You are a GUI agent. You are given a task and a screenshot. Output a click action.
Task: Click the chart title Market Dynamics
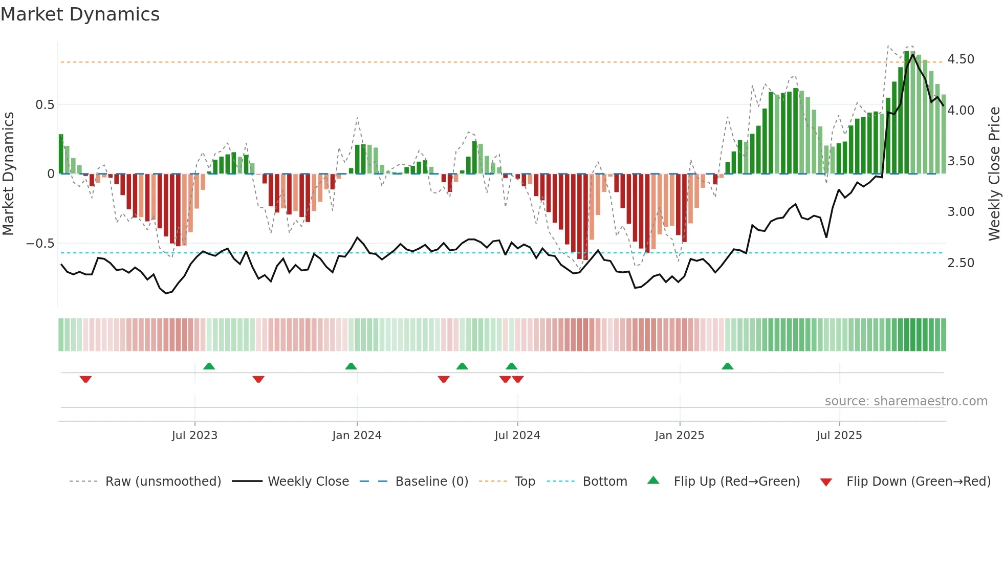(x=80, y=14)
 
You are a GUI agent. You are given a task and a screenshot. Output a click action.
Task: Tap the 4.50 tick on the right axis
(x=961, y=59)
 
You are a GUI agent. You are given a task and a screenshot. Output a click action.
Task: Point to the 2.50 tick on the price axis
(x=961, y=263)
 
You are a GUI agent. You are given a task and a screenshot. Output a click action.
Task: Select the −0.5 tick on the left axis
(x=40, y=244)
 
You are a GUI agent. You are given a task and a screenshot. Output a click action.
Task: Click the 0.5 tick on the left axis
(x=45, y=105)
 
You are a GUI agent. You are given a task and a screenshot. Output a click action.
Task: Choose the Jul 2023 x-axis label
(x=194, y=436)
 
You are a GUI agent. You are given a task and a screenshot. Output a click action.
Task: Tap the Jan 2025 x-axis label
(x=680, y=436)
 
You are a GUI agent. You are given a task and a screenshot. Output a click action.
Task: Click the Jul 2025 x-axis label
(x=839, y=436)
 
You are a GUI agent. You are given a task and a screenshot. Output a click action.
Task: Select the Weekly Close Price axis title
(x=994, y=173)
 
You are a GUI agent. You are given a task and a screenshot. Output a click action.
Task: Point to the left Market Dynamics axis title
(x=8, y=173)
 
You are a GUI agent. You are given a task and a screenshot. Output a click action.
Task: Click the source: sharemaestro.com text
(x=906, y=401)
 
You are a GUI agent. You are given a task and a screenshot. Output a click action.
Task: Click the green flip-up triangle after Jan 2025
(x=727, y=366)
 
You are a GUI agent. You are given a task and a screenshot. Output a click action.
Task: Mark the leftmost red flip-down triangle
(x=85, y=379)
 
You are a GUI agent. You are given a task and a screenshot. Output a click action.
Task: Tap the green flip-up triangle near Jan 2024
(x=351, y=366)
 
